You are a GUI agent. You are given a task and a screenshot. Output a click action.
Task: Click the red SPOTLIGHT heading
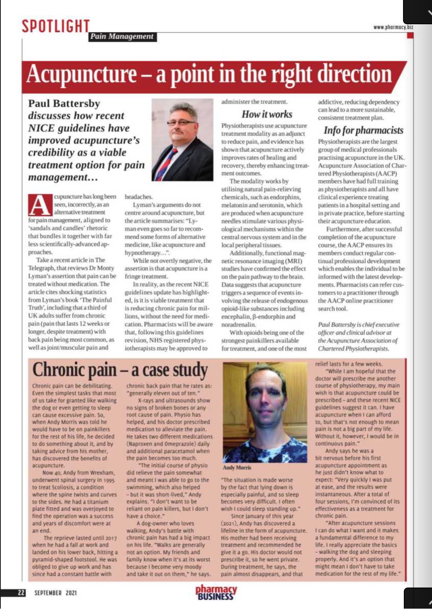[x=56, y=27]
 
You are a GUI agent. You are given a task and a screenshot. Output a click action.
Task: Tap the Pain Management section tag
[x=122, y=37]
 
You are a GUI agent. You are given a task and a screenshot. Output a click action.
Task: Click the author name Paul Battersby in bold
[x=64, y=104]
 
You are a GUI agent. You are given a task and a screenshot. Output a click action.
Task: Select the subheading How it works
[x=267, y=114]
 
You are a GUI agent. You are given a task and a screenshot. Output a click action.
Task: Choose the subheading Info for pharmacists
[x=363, y=130]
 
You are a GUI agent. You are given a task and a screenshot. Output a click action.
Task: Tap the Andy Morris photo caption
[x=237, y=467]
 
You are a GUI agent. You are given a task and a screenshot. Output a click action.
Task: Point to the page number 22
[x=21, y=593]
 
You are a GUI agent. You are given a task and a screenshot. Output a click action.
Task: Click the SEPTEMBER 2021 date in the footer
[x=56, y=593]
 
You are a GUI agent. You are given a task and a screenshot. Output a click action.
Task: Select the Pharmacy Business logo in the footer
[x=216, y=592]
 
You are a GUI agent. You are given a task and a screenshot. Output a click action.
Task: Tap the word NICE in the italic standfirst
[x=41, y=128]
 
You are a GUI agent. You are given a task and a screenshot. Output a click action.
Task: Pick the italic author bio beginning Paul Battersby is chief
[x=358, y=336]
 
